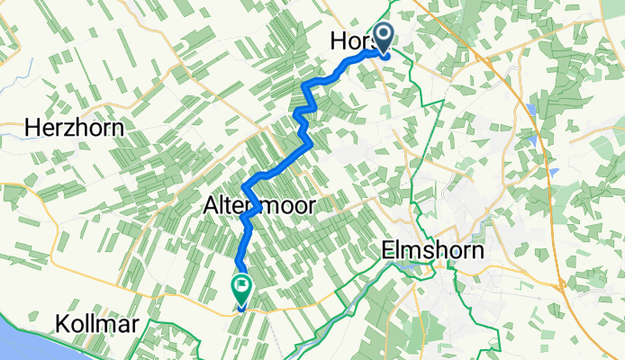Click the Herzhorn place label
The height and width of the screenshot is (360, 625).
74,128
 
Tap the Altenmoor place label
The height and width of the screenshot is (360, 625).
255,206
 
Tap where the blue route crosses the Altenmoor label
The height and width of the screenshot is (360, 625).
251,207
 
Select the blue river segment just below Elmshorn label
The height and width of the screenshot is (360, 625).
414,266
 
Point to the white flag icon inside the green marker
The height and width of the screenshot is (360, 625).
242,287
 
